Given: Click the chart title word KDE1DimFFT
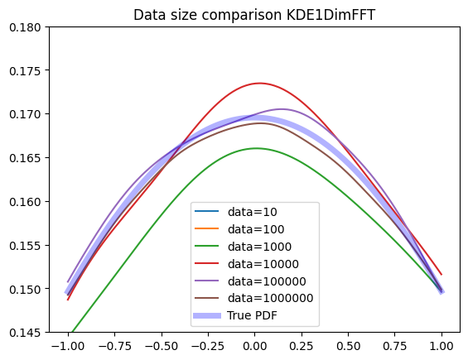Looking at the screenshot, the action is pos(330,15).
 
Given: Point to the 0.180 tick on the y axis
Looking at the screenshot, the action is pos(25,27).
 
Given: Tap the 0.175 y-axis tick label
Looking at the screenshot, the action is pos(25,71).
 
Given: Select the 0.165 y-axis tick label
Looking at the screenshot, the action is pos(25,158).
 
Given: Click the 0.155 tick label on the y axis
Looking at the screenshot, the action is pos(25,246).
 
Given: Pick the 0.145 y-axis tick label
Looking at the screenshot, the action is pos(25,332).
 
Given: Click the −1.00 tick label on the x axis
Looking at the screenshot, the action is pos(68,346).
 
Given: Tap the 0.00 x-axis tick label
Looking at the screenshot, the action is pos(254,346).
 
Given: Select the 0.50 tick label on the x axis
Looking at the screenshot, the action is pos(349,346).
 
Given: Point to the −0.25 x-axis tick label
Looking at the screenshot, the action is pos(208,346).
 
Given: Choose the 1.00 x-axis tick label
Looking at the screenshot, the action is pos(441,346).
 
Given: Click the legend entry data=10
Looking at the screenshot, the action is pos(252,212).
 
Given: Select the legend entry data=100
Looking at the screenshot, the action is pos(256,229).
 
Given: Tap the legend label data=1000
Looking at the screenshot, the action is pos(259,247).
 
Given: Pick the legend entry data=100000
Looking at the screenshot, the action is pos(267,281).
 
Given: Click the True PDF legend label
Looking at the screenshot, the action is pos(252,315).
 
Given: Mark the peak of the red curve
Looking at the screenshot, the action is pos(259,84).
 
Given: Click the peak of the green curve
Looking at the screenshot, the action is pos(256,148).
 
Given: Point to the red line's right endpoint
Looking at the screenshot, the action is pos(441,275).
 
